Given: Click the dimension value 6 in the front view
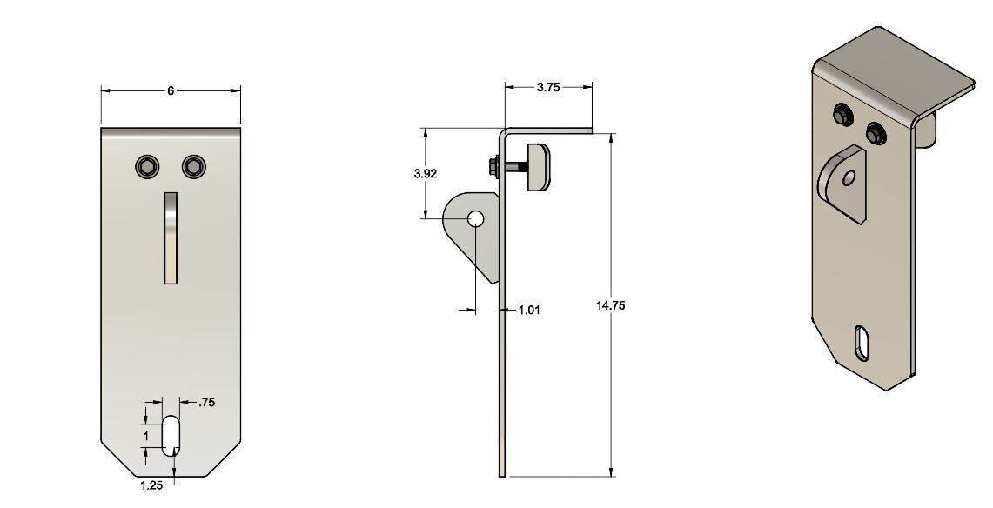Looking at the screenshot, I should point(171,90).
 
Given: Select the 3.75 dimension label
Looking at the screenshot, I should point(548,87).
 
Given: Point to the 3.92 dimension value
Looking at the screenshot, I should point(426,173).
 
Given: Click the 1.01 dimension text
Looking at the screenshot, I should point(529,310).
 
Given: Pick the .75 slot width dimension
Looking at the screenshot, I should point(206,402).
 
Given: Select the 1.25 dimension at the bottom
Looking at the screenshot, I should point(151,485).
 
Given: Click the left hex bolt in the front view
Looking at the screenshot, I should point(147,167).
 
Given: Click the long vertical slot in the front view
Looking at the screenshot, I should point(171,237).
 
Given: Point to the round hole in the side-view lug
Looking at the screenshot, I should point(475,218).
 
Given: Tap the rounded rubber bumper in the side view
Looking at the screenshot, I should point(539,167).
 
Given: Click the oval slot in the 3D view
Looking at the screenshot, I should point(862,342).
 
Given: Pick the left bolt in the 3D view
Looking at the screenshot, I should point(842,114).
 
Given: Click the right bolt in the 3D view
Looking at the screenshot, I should point(876,134).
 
